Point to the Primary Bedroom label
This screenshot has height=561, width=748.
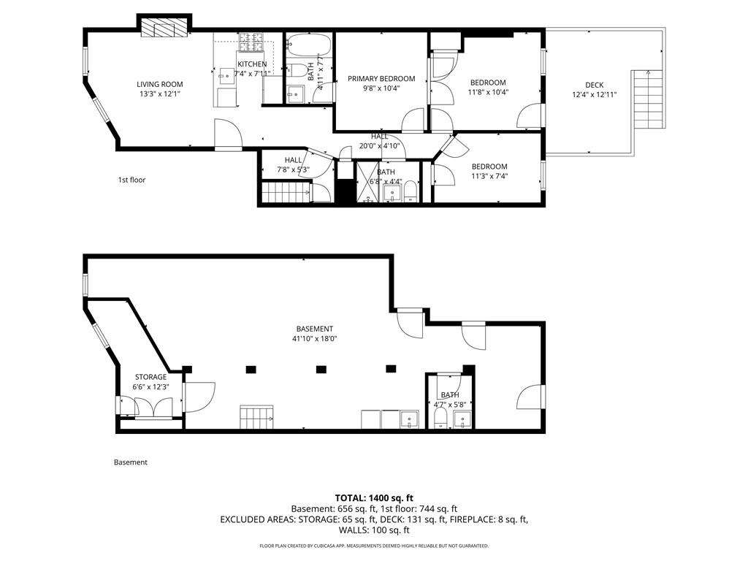coord(381,79)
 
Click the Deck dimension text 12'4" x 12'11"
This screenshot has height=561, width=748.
coord(594,93)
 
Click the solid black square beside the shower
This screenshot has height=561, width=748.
coord(344,191)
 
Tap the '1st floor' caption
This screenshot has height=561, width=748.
coord(131,180)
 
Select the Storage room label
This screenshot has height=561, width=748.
coord(150,377)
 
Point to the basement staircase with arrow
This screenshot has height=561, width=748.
coord(256,419)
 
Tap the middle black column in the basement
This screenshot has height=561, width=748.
coord(321,369)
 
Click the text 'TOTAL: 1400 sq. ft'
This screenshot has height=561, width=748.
coord(373,497)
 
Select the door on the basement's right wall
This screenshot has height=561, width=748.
coord(530,397)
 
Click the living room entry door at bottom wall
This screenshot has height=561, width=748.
coord(227,135)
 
